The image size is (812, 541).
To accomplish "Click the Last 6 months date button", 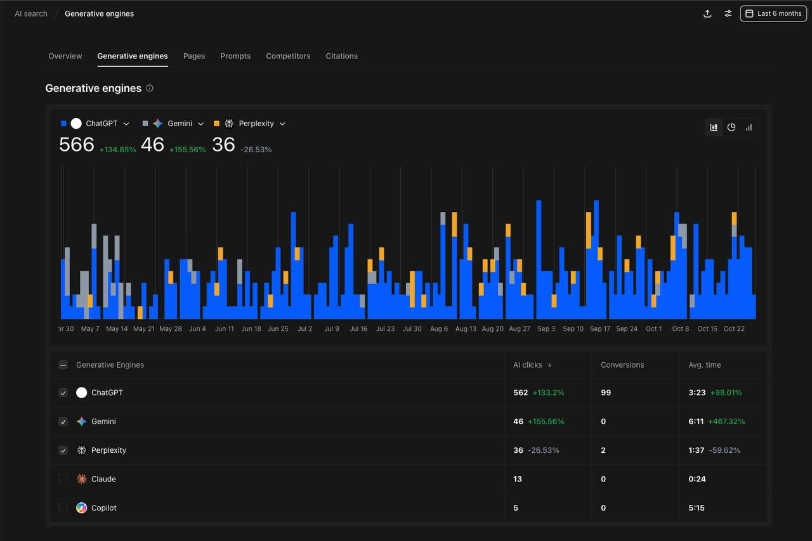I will coord(773,13).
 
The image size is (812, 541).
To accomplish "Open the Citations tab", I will coord(341,56).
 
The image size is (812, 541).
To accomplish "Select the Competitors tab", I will coord(288,56).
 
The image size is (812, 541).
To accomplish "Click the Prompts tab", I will coord(235,56).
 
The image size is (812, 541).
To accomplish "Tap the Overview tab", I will coord(65,56).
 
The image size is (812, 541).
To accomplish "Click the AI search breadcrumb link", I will coord(31,13).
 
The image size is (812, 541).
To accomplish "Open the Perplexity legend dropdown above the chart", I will coord(282,124).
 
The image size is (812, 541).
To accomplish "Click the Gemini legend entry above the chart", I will coord(180,124).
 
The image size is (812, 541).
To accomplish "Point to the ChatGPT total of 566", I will coord(77,145).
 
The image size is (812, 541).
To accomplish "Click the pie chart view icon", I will coord(731,127).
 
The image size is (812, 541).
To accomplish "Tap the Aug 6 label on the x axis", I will coord(439,329).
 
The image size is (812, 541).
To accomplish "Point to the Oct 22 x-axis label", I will coord(734,329).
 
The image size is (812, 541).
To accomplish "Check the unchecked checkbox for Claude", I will coord(63,479).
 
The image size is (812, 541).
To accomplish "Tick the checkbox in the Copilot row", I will coord(63,507).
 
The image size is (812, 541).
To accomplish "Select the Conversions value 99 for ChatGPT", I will coord(606,393).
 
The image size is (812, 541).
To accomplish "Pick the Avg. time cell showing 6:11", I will coord(696,421).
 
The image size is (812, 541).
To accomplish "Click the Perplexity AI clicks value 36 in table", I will coord(518,450).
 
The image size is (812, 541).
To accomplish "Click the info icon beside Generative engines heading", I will coord(150,88).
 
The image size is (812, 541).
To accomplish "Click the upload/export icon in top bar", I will coord(707,13).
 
